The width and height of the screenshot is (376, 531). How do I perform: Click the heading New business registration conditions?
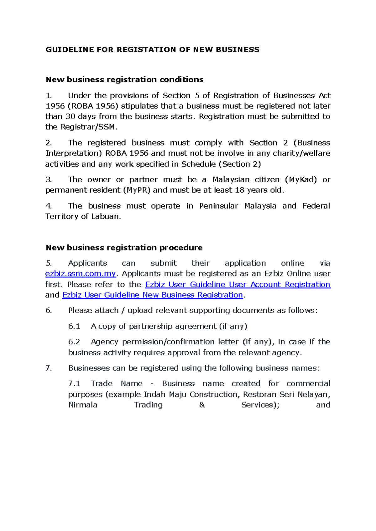124,80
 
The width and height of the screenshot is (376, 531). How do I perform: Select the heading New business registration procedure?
124,248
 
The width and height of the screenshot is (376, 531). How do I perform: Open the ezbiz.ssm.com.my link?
81,274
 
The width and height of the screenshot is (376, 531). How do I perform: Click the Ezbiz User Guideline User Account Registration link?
238,284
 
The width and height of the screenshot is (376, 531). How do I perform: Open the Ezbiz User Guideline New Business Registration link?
153,295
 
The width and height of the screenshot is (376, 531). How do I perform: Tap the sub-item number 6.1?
74,326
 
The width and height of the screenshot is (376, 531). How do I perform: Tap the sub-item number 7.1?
74,384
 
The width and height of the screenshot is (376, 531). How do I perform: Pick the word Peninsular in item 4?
218,206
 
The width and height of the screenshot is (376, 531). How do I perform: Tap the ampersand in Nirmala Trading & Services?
202,405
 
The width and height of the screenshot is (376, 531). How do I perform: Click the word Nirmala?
83,405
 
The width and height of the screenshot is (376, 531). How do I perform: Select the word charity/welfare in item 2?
301,153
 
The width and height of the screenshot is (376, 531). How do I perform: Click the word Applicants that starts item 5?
87,263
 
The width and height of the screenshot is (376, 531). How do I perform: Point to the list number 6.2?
74,342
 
